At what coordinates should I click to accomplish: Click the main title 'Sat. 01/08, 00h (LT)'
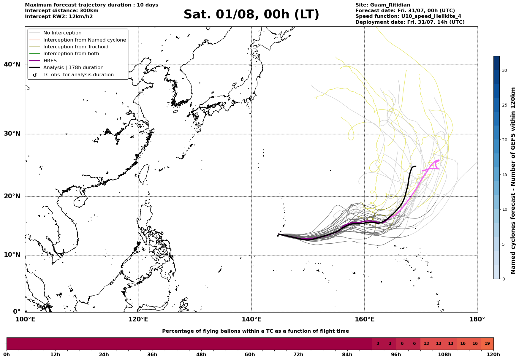[x=251, y=15]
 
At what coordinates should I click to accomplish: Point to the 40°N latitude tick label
[x=12, y=64]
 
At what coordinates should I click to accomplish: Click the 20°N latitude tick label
[x=12, y=196]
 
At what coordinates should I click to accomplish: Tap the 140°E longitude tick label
[x=251, y=319]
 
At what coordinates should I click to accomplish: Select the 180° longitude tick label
[x=477, y=319]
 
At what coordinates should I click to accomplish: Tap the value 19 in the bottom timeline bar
[x=487, y=344]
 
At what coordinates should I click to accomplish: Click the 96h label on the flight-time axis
[x=396, y=355]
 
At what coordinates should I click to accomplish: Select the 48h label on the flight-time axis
[x=201, y=355]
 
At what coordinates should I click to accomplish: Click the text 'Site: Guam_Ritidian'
[x=383, y=5]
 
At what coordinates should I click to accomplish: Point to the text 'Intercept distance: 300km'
[x=62, y=11]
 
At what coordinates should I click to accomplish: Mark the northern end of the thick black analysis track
[x=416, y=166]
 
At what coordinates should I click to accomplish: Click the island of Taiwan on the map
[x=144, y=174]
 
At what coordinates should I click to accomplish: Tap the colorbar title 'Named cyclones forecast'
[x=513, y=237]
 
